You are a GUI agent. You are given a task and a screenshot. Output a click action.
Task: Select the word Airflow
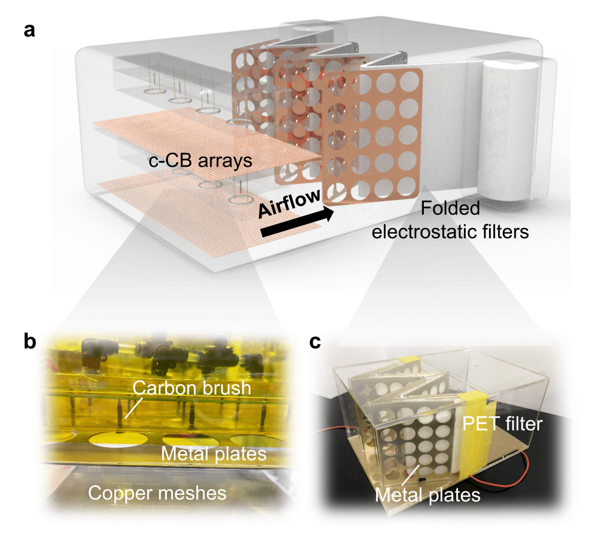(x=289, y=202)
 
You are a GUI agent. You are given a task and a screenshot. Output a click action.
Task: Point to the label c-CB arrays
(x=200, y=160)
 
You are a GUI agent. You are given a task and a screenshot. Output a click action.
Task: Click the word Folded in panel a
(x=451, y=208)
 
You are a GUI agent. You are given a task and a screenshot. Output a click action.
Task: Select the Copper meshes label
(x=157, y=493)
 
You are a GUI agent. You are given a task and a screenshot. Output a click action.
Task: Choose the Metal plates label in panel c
(x=427, y=495)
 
